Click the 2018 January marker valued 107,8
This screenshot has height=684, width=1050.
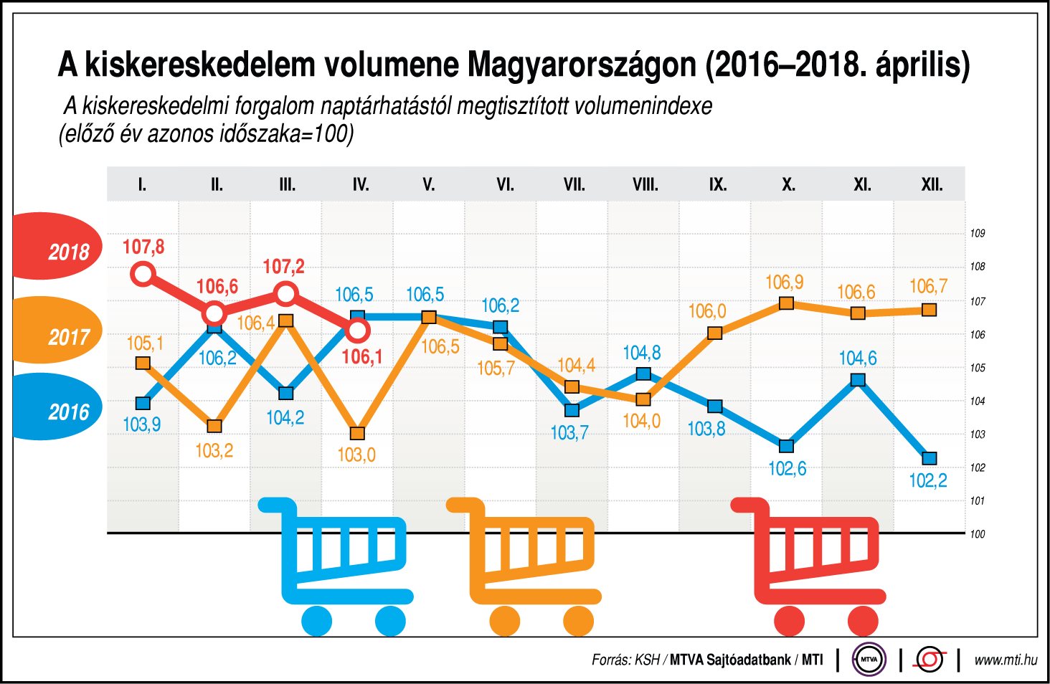(143, 273)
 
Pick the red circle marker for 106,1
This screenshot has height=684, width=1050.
(357, 331)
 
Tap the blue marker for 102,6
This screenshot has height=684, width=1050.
(787, 446)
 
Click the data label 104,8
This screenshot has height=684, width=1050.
(641, 353)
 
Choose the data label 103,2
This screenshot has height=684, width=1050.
(214, 451)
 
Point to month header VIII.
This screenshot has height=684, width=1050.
(645, 185)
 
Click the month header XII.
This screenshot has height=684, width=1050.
(932, 185)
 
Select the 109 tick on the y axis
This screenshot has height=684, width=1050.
(977, 233)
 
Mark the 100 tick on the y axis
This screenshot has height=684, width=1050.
(977, 534)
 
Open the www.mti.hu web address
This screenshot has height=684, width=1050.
(1006, 660)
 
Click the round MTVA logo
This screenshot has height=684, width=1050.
(869, 659)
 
